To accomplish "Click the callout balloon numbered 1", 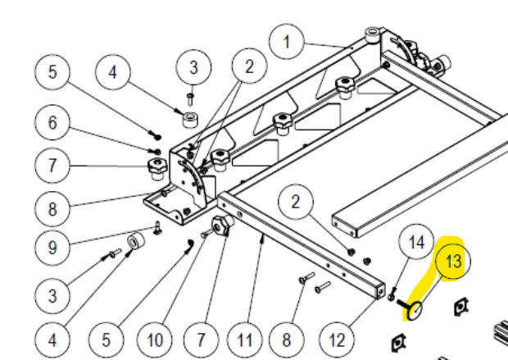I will click(286, 41).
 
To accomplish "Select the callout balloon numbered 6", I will click(52, 123).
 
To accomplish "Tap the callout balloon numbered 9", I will click(52, 245).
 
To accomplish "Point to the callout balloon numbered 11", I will click(243, 337).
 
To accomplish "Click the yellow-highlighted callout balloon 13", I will click(453, 262).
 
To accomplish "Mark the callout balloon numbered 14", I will click(417, 243).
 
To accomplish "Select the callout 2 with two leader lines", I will click(247, 67).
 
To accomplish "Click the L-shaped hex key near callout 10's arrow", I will click(188, 243).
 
